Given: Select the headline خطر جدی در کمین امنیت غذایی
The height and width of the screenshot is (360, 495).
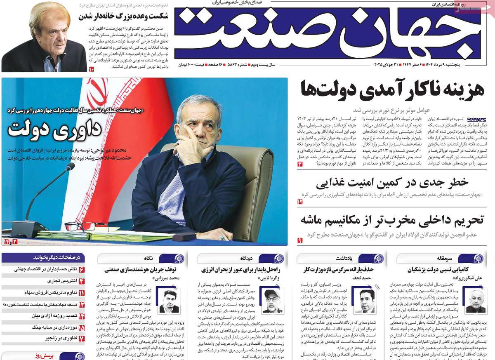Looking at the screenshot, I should click(x=392, y=182).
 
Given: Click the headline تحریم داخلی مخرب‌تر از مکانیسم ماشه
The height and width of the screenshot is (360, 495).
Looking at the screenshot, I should click(x=392, y=220).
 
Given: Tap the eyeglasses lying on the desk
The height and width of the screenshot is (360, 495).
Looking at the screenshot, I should click(x=86, y=226).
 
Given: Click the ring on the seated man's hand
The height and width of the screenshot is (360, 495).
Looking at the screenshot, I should click(x=222, y=238).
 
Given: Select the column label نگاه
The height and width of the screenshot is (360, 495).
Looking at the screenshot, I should click(x=148, y=258).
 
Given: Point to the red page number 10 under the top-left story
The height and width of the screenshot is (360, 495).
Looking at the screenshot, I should click(x=91, y=69).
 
